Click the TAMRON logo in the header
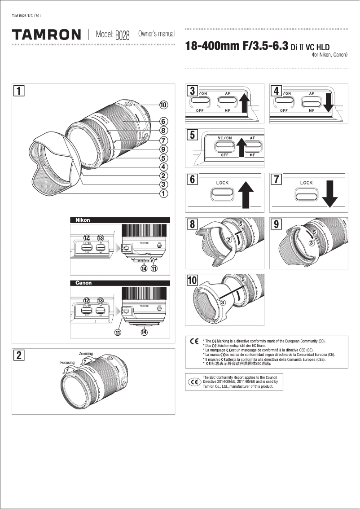click(47, 35)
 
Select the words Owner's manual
click(156, 34)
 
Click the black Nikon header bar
click(120, 220)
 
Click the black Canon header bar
click(120, 283)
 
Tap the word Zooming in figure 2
click(86, 354)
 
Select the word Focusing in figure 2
click(67, 362)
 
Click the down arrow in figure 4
click(328, 103)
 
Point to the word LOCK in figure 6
click(223, 183)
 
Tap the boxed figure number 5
click(192, 135)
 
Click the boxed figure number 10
click(192, 281)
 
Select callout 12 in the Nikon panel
click(87, 237)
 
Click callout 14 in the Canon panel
click(144, 332)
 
